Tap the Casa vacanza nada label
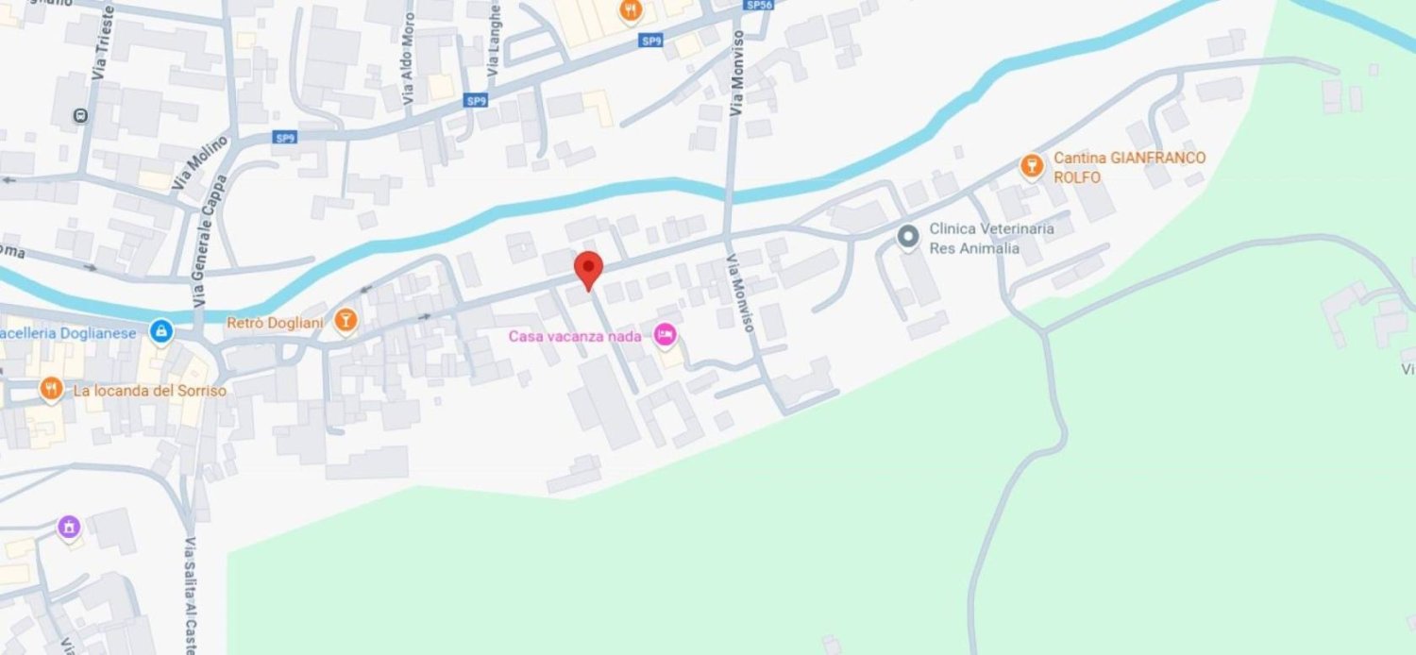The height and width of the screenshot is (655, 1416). (575, 336)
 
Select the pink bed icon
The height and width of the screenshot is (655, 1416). (666, 335)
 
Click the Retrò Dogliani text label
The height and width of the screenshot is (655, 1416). (275, 323)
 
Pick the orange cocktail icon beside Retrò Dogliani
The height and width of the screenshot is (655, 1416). (346, 322)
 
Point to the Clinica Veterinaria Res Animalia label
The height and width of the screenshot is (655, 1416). (991, 238)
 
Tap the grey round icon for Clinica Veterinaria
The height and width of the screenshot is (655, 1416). (908, 237)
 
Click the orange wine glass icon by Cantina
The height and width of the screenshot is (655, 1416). (1032, 167)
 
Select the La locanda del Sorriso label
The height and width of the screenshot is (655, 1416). (149, 390)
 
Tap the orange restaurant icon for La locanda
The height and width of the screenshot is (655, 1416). (51, 389)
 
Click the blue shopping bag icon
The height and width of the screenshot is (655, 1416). (161, 331)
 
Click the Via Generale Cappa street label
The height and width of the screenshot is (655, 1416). (211, 241)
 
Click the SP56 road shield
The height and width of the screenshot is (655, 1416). (758, 5)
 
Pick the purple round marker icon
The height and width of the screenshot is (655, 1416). (69, 528)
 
